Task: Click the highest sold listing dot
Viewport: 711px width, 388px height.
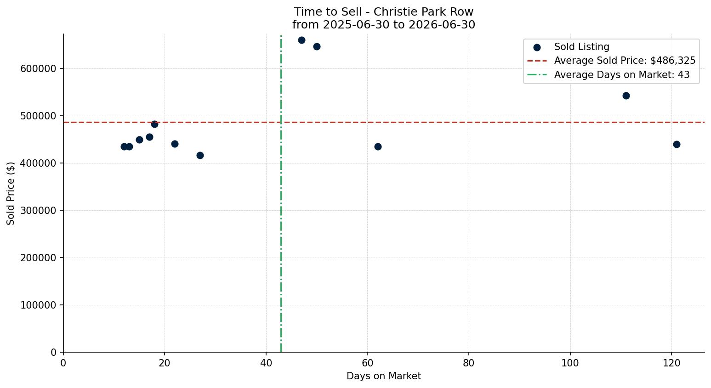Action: click(x=301, y=40)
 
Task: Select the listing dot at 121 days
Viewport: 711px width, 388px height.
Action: click(x=677, y=144)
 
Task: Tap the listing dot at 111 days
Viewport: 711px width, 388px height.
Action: click(x=626, y=96)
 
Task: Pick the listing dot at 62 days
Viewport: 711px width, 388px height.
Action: click(x=378, y=146)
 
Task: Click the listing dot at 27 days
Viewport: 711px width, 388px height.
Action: click(x=200, y=155)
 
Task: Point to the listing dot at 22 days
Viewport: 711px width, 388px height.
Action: click(x=175, y=144)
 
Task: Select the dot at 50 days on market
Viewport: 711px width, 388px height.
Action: click(x=317, y=46)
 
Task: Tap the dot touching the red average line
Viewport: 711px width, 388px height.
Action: click(x=154, y=124)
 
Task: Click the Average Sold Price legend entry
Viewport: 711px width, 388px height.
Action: click(x=611, y=61)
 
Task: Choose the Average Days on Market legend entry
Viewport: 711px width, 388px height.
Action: click(x=609, y=75)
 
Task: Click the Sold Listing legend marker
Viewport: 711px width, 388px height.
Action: click(x=537, y=47)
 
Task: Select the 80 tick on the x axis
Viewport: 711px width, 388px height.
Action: click(x=468, y=363)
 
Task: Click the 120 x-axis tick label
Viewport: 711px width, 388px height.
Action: click(x=671, y=363)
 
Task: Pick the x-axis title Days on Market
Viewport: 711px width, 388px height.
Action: click(x=384, y=376)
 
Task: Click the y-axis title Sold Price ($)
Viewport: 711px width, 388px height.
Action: click(x=11, y=193)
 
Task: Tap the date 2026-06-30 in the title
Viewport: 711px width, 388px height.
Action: click(x=442, y=25)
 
